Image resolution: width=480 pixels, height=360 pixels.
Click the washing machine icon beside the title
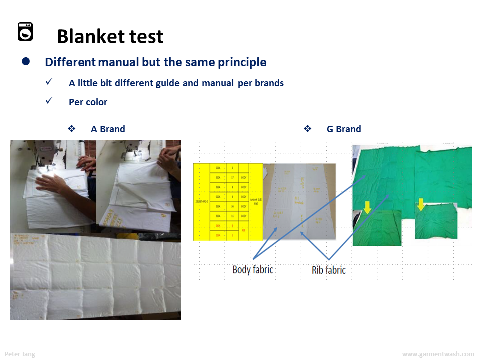click(25, 31)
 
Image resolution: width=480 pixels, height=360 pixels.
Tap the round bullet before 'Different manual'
click(26, 62)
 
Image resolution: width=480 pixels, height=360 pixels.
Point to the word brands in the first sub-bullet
click(269, 83)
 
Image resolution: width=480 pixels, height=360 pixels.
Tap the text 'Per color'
click(88, 102)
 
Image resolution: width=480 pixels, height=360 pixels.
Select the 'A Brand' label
click(108, 129)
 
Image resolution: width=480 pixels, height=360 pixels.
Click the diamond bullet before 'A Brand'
click(71, 129)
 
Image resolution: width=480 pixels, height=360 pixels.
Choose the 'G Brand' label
click(344, 129)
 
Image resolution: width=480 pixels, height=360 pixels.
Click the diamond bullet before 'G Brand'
click(307, 129)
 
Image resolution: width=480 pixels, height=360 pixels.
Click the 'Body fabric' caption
click(253, 270)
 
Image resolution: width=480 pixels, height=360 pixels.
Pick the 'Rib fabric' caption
click(328, 270)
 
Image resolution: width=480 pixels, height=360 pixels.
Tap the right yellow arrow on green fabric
click(421, 204)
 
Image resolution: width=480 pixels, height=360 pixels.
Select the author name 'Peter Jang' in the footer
click(20, 354)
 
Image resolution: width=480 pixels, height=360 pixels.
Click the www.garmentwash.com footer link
click(438, 354)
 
